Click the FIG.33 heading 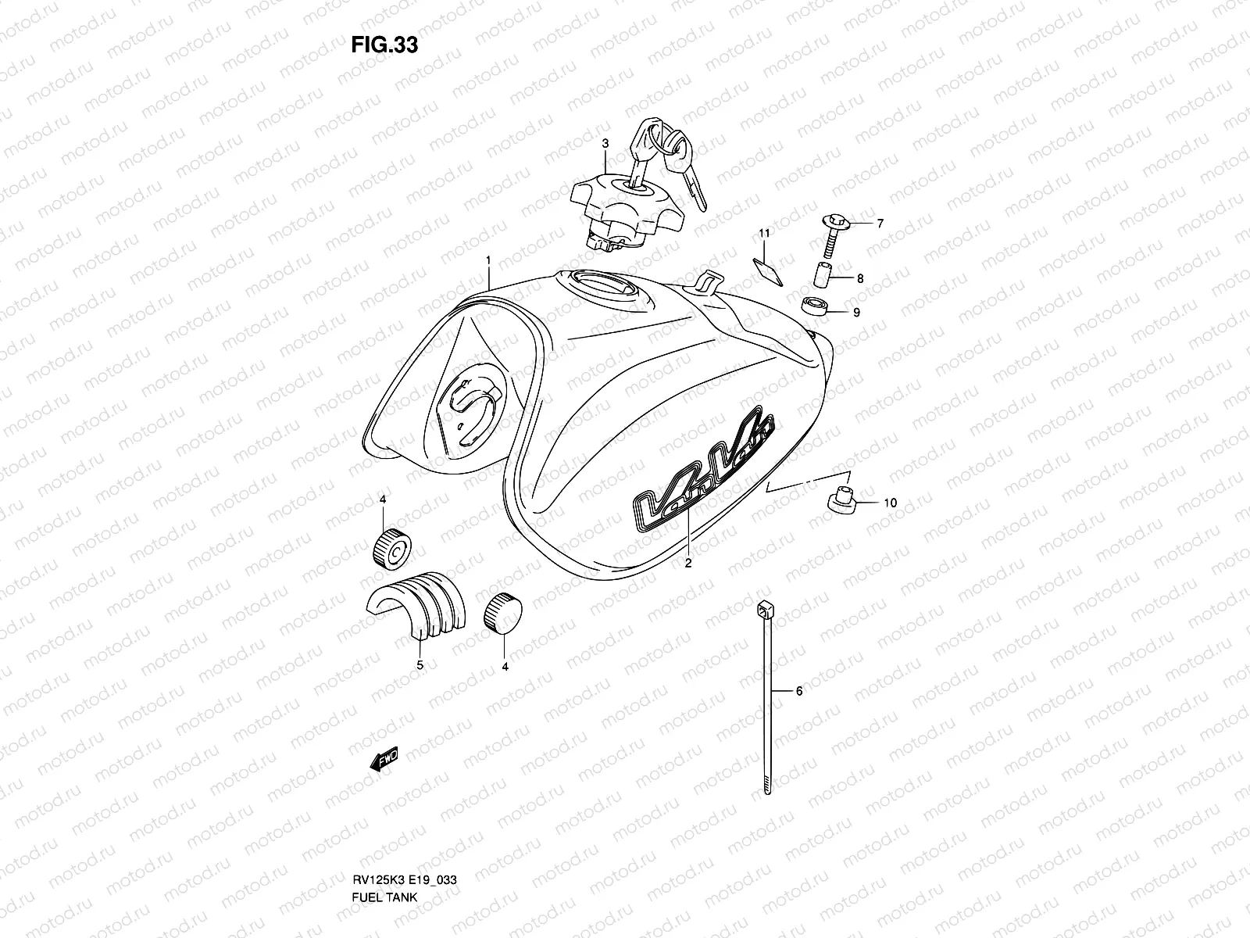pos(384,45)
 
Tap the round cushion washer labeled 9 pos(814,306)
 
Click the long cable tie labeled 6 pos(766,696)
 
